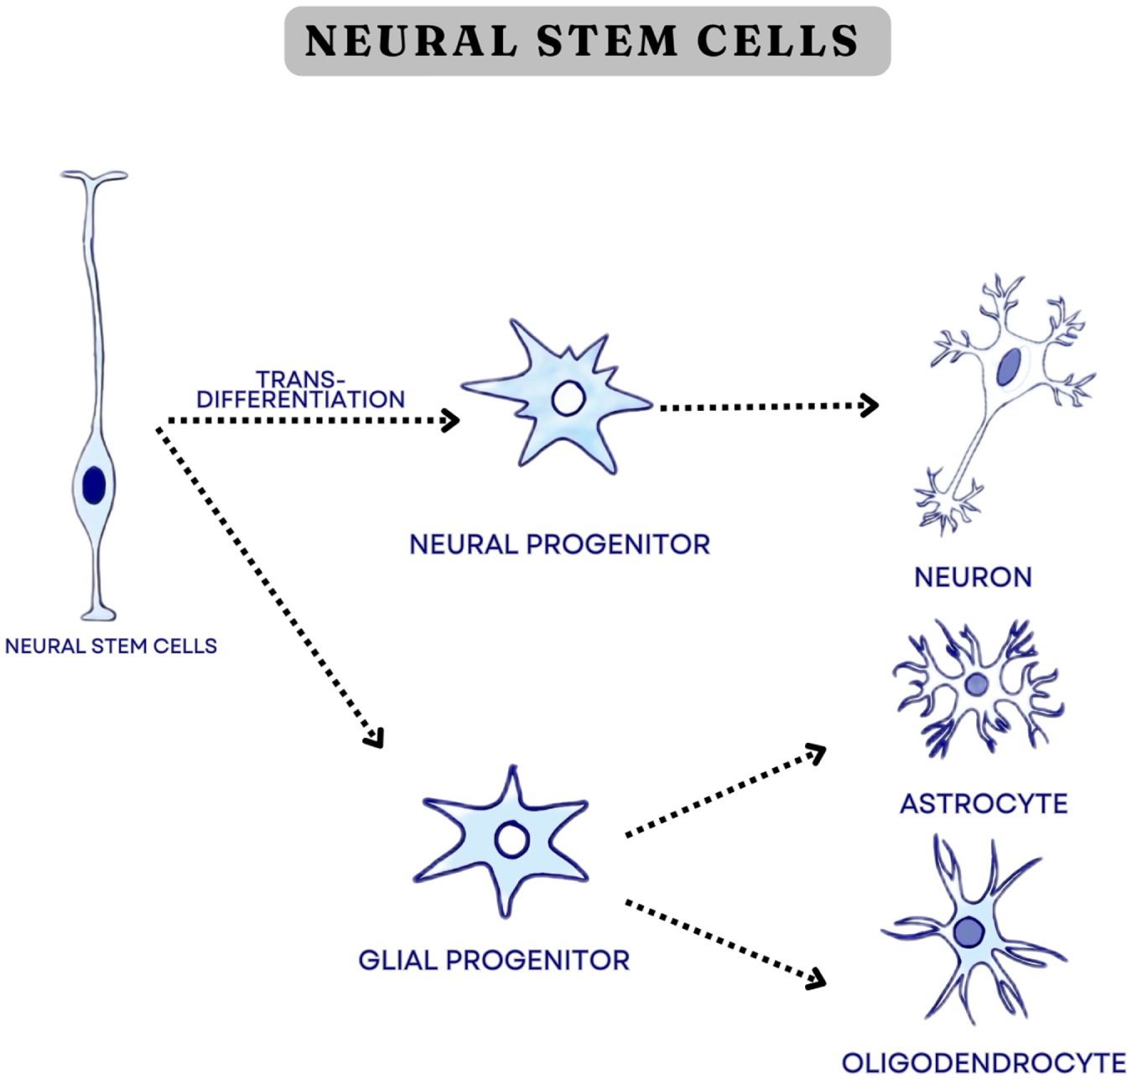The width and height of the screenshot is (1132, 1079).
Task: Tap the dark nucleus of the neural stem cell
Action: pos(94,485)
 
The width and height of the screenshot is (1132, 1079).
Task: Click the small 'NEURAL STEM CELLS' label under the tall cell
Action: pos(111,646)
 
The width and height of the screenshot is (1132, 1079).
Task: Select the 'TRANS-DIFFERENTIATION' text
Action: pos(300,390)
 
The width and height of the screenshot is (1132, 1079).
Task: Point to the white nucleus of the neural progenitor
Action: pos(568,398)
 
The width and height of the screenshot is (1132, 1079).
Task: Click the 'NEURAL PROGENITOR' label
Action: pos(559,545)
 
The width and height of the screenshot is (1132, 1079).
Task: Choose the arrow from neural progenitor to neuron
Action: pos(766,407)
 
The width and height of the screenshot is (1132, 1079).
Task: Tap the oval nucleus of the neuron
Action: pos(1009,367)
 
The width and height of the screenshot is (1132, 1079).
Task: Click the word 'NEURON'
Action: pos(973,577)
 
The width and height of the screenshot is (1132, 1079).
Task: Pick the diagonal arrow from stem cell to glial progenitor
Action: pos(268,587)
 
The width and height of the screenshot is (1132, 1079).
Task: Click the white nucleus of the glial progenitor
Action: pos(511,839)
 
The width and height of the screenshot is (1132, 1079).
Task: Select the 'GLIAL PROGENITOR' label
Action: pos(494,960)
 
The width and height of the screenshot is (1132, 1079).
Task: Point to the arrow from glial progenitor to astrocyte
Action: pos(725,791)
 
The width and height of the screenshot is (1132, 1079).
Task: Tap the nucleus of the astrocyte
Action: pos(977,685)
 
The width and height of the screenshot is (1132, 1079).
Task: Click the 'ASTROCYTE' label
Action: pos(984,804)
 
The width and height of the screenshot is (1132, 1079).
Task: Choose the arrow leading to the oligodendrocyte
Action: pos(725,942)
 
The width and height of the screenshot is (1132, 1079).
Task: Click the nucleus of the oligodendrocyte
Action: pos(970,931)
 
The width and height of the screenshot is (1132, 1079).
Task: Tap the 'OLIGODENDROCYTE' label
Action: pos(984,1062)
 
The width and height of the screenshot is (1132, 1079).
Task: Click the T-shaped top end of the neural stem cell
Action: pos(93,177)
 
